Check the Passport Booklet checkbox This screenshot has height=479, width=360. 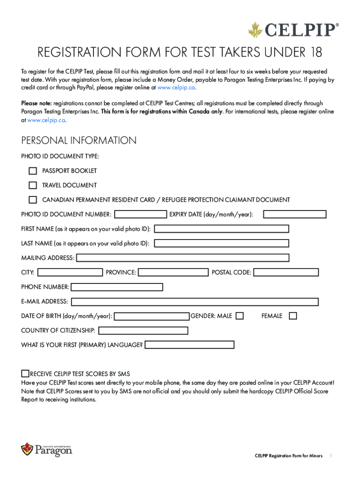tap(33, 171)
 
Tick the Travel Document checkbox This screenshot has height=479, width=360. tap(33, 185)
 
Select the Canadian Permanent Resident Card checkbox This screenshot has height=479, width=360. tap(33, 200)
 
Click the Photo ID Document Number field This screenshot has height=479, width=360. tap(141, 214)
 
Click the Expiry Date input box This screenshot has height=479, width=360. tap(295, 214)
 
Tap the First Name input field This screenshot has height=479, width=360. tap(222, 229)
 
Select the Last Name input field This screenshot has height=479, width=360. tap(222, 243)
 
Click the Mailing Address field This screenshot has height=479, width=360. tap(183, 258)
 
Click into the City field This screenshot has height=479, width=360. tap(70, 272)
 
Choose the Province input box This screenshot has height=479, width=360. tap(173, 272)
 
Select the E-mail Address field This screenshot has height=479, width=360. tap(195, 302)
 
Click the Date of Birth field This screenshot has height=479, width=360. tap(152, 316)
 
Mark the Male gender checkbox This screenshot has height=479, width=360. tap(240, 316)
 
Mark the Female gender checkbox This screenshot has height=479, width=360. tap(293, 316)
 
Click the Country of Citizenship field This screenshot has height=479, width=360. tap(143, 331)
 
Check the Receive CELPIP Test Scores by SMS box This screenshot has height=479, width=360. tap(25, 373)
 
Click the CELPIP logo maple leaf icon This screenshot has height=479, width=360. tap(255, 31)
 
